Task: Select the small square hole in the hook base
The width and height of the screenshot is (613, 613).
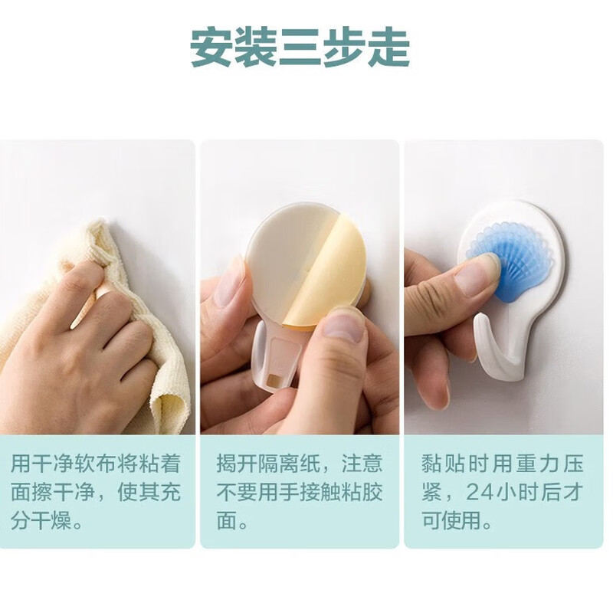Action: point(273,380)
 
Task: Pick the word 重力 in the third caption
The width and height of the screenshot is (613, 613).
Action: point(533,464)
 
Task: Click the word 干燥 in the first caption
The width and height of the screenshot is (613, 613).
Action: point(51,521)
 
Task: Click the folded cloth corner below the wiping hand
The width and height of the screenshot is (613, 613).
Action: point(171,411)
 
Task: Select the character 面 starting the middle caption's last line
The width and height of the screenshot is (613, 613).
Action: point(228,521)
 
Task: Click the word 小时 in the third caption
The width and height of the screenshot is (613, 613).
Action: point(517,493)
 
